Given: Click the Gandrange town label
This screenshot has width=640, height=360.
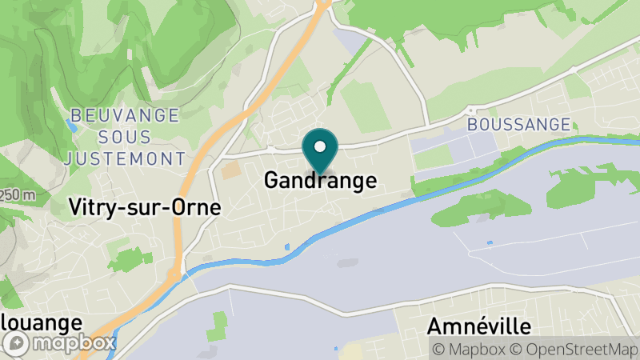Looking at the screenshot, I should coord(320,181).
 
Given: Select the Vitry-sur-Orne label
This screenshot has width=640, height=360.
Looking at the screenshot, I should coord(144,207).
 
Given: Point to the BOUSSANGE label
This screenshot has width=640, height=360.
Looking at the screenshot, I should coord(518,125).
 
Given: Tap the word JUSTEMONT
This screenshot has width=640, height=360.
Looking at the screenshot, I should coord(125,158).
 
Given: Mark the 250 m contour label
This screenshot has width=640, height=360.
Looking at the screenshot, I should coord(18,195).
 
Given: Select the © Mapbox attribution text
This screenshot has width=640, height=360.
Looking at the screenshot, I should coord(469,349).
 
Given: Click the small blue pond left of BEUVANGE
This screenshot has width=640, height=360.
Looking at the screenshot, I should coord(72,126).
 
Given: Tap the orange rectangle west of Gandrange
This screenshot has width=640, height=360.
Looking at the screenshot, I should coord(231,170).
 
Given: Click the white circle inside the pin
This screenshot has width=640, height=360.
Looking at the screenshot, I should coord(320,146).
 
